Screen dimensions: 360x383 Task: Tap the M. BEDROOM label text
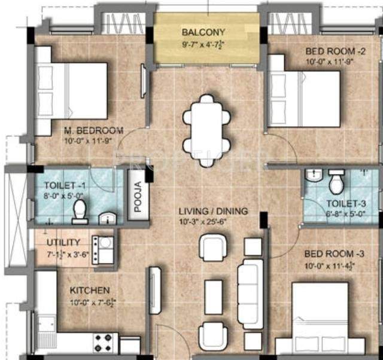93,130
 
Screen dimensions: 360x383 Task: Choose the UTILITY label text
63,242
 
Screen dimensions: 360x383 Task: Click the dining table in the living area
206,126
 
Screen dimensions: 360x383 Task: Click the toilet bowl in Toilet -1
79,210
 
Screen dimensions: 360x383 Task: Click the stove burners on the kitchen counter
105,343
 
